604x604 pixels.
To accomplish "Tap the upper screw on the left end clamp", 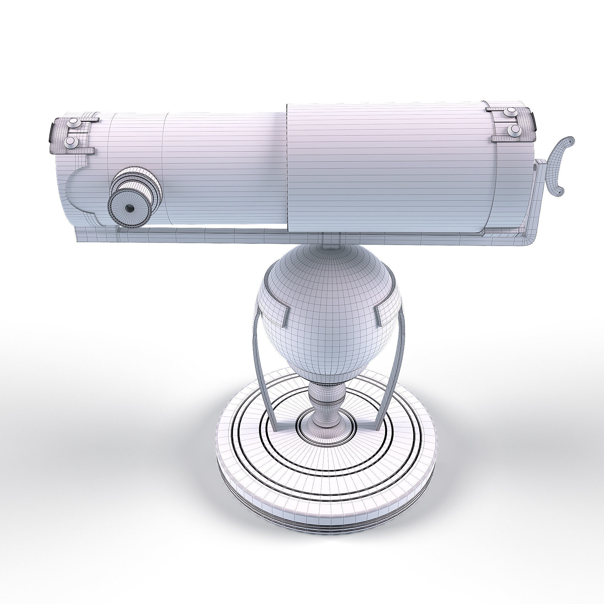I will (x=74, y=122).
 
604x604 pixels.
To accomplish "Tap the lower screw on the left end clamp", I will (x=71, y=142).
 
